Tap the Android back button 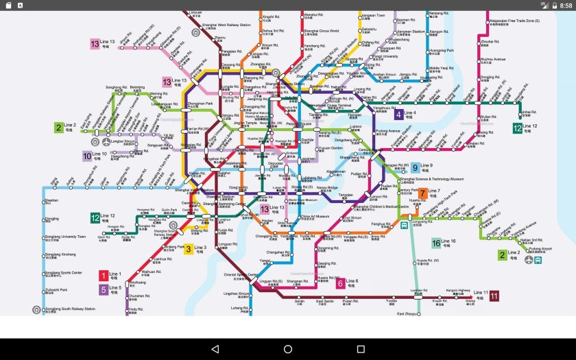[215, 349]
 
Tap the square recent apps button [361, 349]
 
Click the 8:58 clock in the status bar [565, 5]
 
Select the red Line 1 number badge [104, 276]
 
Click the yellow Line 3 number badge [188, 249]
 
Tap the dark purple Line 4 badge [398, 115]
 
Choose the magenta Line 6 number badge [340, 283]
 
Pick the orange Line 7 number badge [423, 193]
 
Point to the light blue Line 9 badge [415, 167]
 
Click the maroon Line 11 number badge [494, 296]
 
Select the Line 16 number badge [435, 243]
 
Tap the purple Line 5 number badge [104, 289]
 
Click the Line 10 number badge [87, 156]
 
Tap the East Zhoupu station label [407, 313]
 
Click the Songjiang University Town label [66, 237]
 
